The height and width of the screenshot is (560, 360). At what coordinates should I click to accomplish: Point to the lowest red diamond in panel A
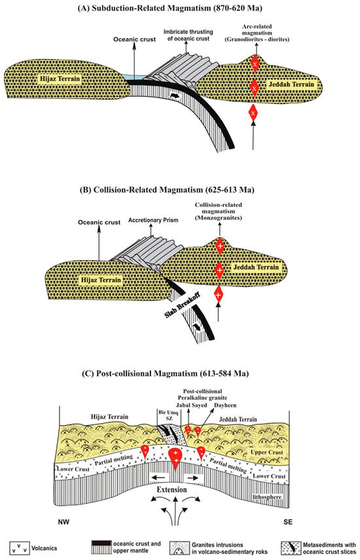pyautogui.click(x=253, y=113)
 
